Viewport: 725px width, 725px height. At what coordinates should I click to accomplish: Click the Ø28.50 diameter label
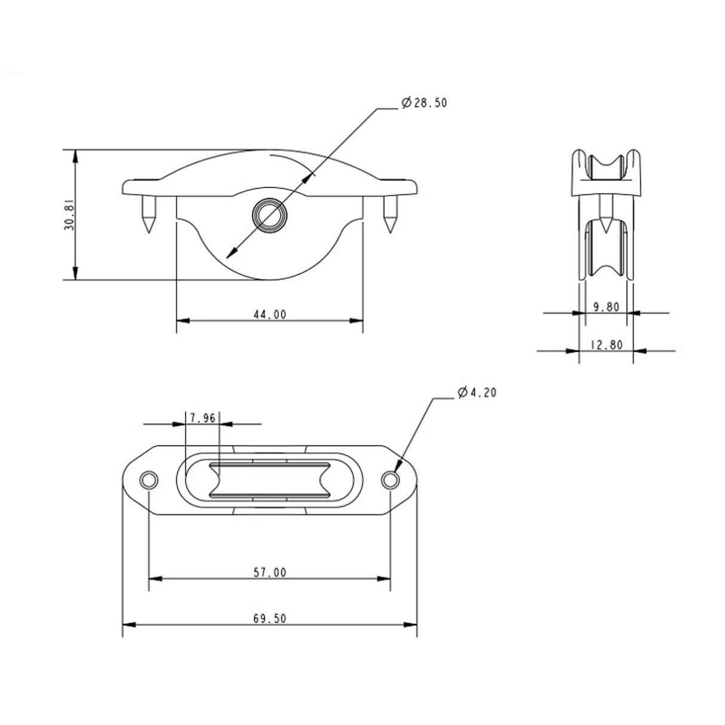[424, 103]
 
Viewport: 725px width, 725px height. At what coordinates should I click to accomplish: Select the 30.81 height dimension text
[69, 215]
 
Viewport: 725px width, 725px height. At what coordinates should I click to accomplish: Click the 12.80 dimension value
[606, 345]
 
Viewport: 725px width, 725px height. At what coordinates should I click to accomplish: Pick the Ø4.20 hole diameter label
[476, 392]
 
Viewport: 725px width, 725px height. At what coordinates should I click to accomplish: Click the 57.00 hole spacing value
[269, 572]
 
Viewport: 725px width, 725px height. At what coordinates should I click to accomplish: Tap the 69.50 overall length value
[269, 619]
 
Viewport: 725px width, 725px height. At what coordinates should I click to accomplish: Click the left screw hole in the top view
[148, 480]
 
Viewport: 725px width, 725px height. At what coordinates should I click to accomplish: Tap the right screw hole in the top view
[390, 480]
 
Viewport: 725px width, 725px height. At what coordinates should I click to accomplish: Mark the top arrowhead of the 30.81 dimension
[75, 155]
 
